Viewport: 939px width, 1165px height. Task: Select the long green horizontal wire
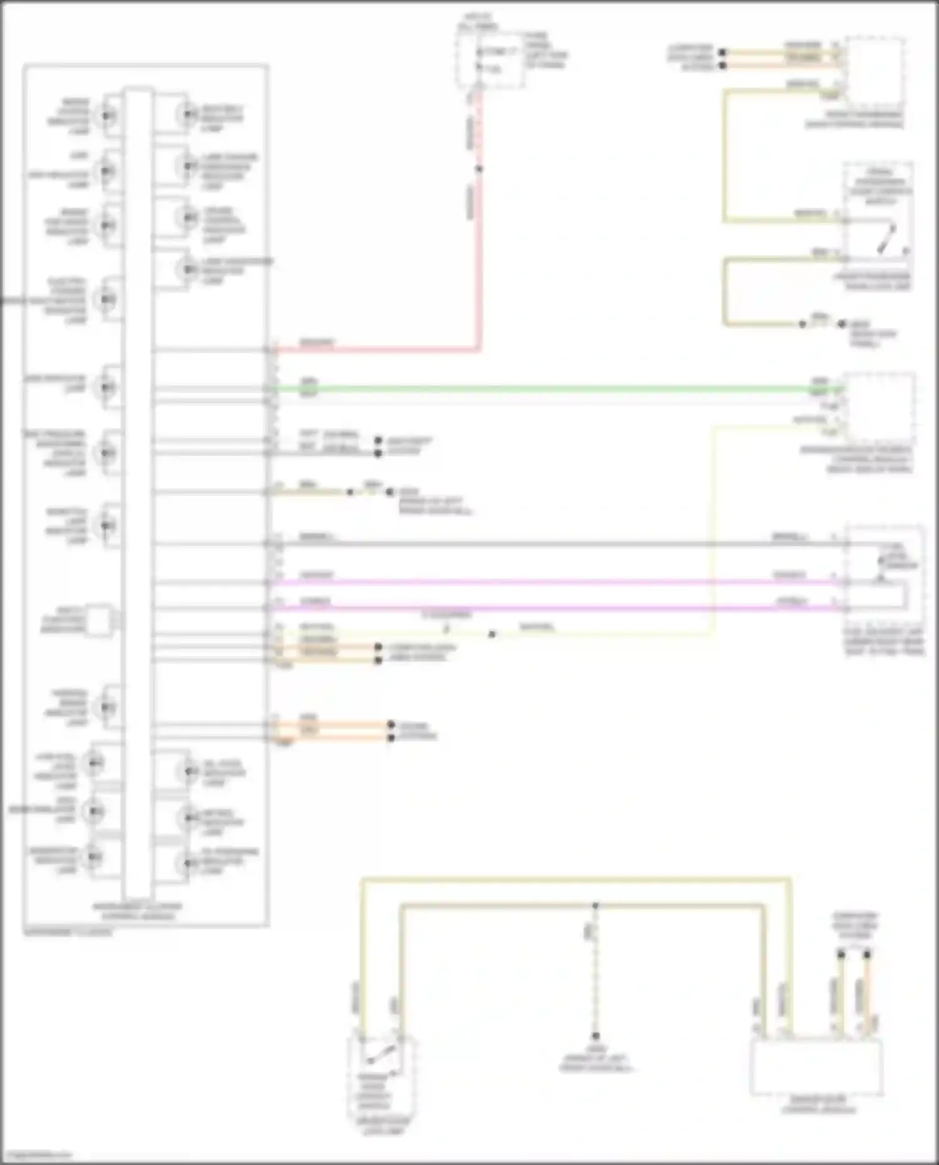(551, 389)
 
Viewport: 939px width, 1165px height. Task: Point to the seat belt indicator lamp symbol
(187, 115)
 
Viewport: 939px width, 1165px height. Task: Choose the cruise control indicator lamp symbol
(187, 217)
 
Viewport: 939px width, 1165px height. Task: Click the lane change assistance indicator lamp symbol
(187, 166)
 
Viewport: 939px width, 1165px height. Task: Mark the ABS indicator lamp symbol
(107, 387)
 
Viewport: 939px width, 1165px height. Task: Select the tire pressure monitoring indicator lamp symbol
(107, 452)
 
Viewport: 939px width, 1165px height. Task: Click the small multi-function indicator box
(98, 620)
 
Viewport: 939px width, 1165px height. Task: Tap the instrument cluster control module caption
(137, 911)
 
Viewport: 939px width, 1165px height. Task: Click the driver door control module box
(816, 1067)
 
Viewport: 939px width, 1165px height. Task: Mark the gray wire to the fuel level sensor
(551, 544)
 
